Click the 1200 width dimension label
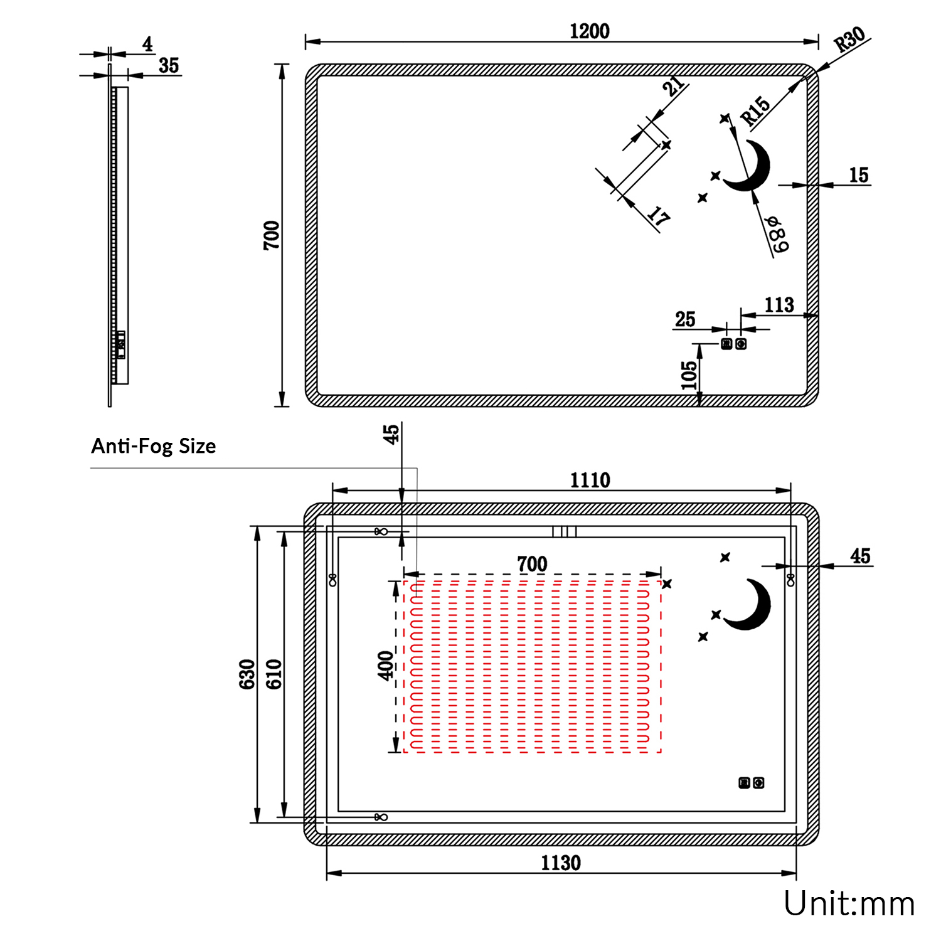[589, 31]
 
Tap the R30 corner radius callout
[850, 40]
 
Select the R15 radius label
[755, 111]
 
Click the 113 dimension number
[779, 305]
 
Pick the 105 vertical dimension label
[689, 375]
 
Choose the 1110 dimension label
[590, 480]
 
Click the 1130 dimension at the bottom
[561, 863]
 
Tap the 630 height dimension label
[247, 674]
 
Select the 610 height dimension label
[274, 674]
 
